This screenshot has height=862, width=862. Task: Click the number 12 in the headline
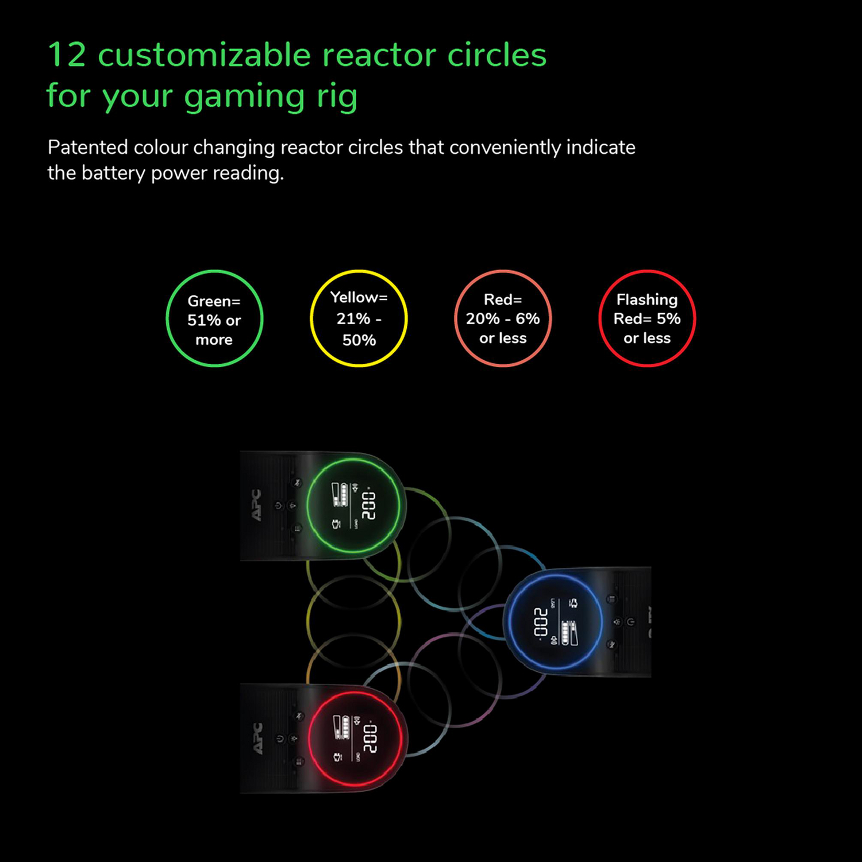point(67,56)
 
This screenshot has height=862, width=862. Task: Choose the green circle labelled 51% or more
point(214,319)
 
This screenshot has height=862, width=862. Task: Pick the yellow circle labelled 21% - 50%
point(359,319)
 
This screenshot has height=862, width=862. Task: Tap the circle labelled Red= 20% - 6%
point(503,319)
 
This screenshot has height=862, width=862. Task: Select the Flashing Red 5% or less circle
point(647,319)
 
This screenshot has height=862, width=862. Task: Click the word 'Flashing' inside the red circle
point(647,299)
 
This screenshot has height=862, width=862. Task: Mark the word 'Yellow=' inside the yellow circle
point(359,297)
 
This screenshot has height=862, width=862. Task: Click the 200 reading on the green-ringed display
point(369,505)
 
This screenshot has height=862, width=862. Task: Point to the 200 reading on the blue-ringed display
point(541,622)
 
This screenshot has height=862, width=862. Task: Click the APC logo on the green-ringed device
point(256,505)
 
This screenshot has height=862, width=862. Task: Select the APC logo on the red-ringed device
point(258,738)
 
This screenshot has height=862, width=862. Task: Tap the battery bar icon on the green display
point(340,495)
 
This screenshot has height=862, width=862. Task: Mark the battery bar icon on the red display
point(342,728)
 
